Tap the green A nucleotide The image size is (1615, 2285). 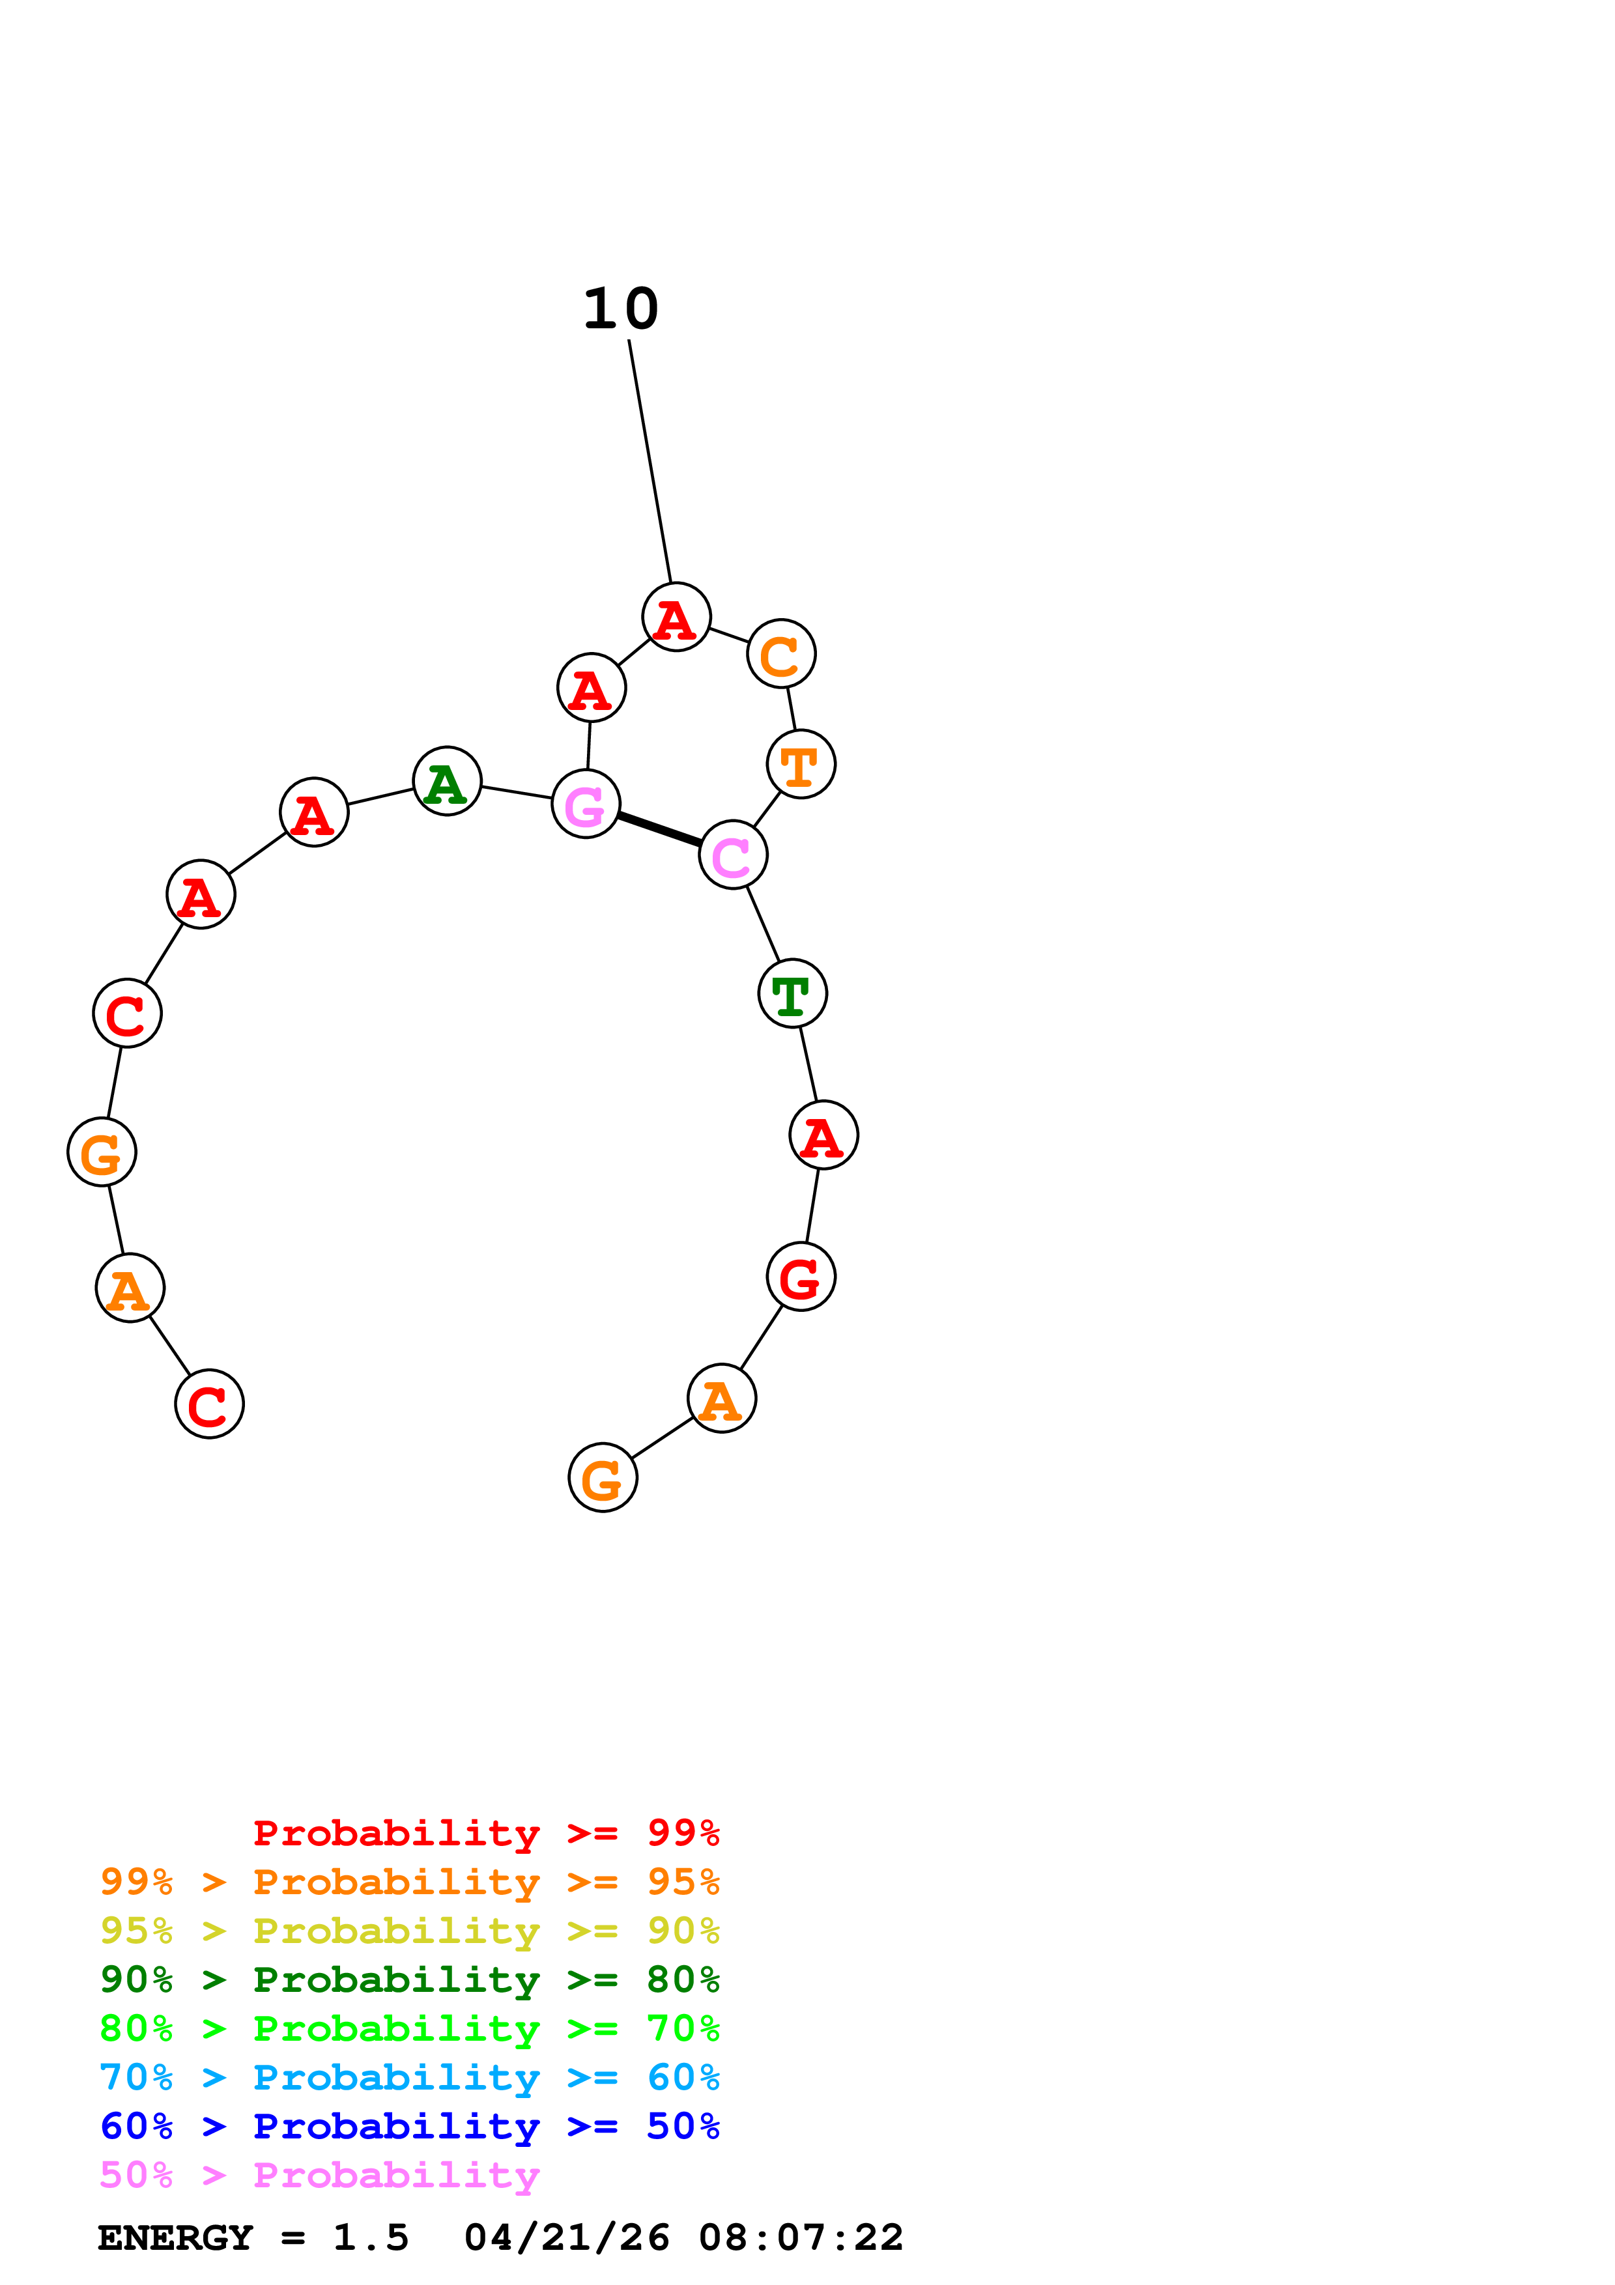[x=447, y=780]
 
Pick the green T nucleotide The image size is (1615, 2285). [x=792, y=993]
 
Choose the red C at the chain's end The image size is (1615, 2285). [x=209, y=1404]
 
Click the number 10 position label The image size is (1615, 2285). [x=621, y=309]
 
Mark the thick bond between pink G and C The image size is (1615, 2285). [x=659, y=829]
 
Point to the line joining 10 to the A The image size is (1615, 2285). [x=650, y=460]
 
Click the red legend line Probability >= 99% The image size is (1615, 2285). [x=485, y=1833]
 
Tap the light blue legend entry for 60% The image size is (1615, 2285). [x=409, y=2078]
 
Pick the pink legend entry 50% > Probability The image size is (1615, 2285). [x=319, y=2176]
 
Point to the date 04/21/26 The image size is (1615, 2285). [x=566, y=2237]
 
